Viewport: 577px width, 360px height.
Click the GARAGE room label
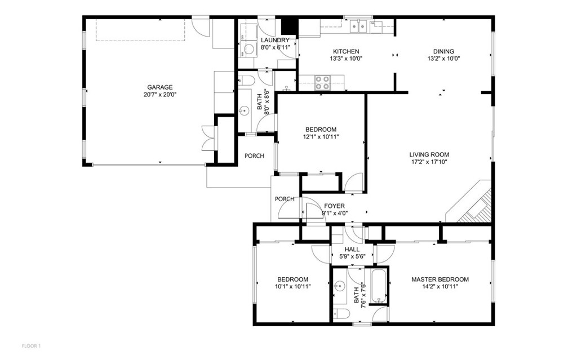pos(159,87)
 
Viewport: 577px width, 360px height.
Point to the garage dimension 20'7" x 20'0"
pos(159,95)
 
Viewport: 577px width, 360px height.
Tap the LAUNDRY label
pos(275,40)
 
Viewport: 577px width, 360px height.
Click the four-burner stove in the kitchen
pos(322,83)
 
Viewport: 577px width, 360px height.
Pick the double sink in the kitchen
pos(358,25)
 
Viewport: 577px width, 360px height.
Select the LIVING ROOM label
pos(429,154)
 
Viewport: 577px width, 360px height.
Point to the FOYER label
pos(334,206)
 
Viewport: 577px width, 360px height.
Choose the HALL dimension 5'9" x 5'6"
pos(352,256)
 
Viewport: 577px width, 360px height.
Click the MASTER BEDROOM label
pos(440,279)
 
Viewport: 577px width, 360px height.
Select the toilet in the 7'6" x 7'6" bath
pos(341,314)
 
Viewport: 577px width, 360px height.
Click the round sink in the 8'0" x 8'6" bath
pos(245,110)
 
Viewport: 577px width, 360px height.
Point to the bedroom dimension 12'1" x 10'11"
pos(321,136)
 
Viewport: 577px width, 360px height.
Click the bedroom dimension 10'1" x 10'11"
pos(292,287)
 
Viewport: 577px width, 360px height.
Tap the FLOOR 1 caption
pos(32,345)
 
